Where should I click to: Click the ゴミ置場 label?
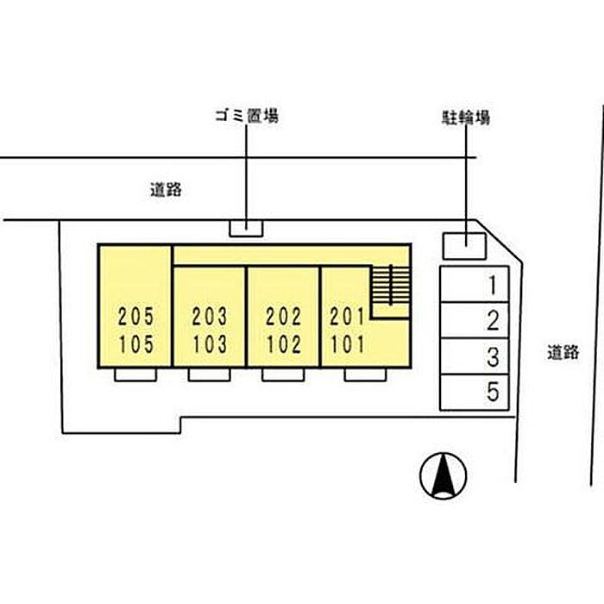[x=247, y=116]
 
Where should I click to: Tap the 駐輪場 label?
[x=466, y=117]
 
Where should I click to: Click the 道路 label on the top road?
[x=166, y=190]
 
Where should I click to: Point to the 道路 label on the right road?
[x=563, y=352]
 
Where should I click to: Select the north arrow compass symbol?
[x=443, y=475]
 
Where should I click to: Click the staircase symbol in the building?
[x=391, y=285]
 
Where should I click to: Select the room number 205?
[x=136, y=317]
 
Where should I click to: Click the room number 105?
[x=136, y=344]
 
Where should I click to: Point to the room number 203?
[x=210, y=317]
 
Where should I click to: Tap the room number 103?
[x=210, y=344]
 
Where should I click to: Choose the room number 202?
[x=284, y=317]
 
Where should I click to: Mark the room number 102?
[x=284, y=344]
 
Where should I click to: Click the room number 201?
[x=347, y=317]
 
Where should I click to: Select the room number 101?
[x=347, y=344]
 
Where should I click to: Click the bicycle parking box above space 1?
[x=464, y=246]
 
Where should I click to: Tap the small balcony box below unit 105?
[x=135, y=374]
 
